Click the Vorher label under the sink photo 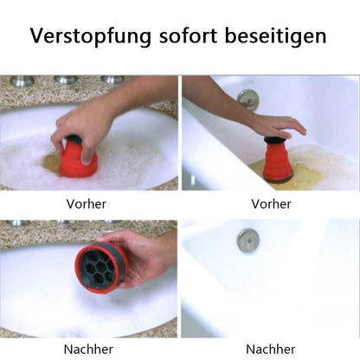pyautogui.click(x=90, y=204)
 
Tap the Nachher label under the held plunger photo pyautogui.click(x=90, y=349)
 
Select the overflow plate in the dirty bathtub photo pyautogui.click(x=247, y=98)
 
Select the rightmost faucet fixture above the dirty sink pyautogui.click(x=112, y=80)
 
